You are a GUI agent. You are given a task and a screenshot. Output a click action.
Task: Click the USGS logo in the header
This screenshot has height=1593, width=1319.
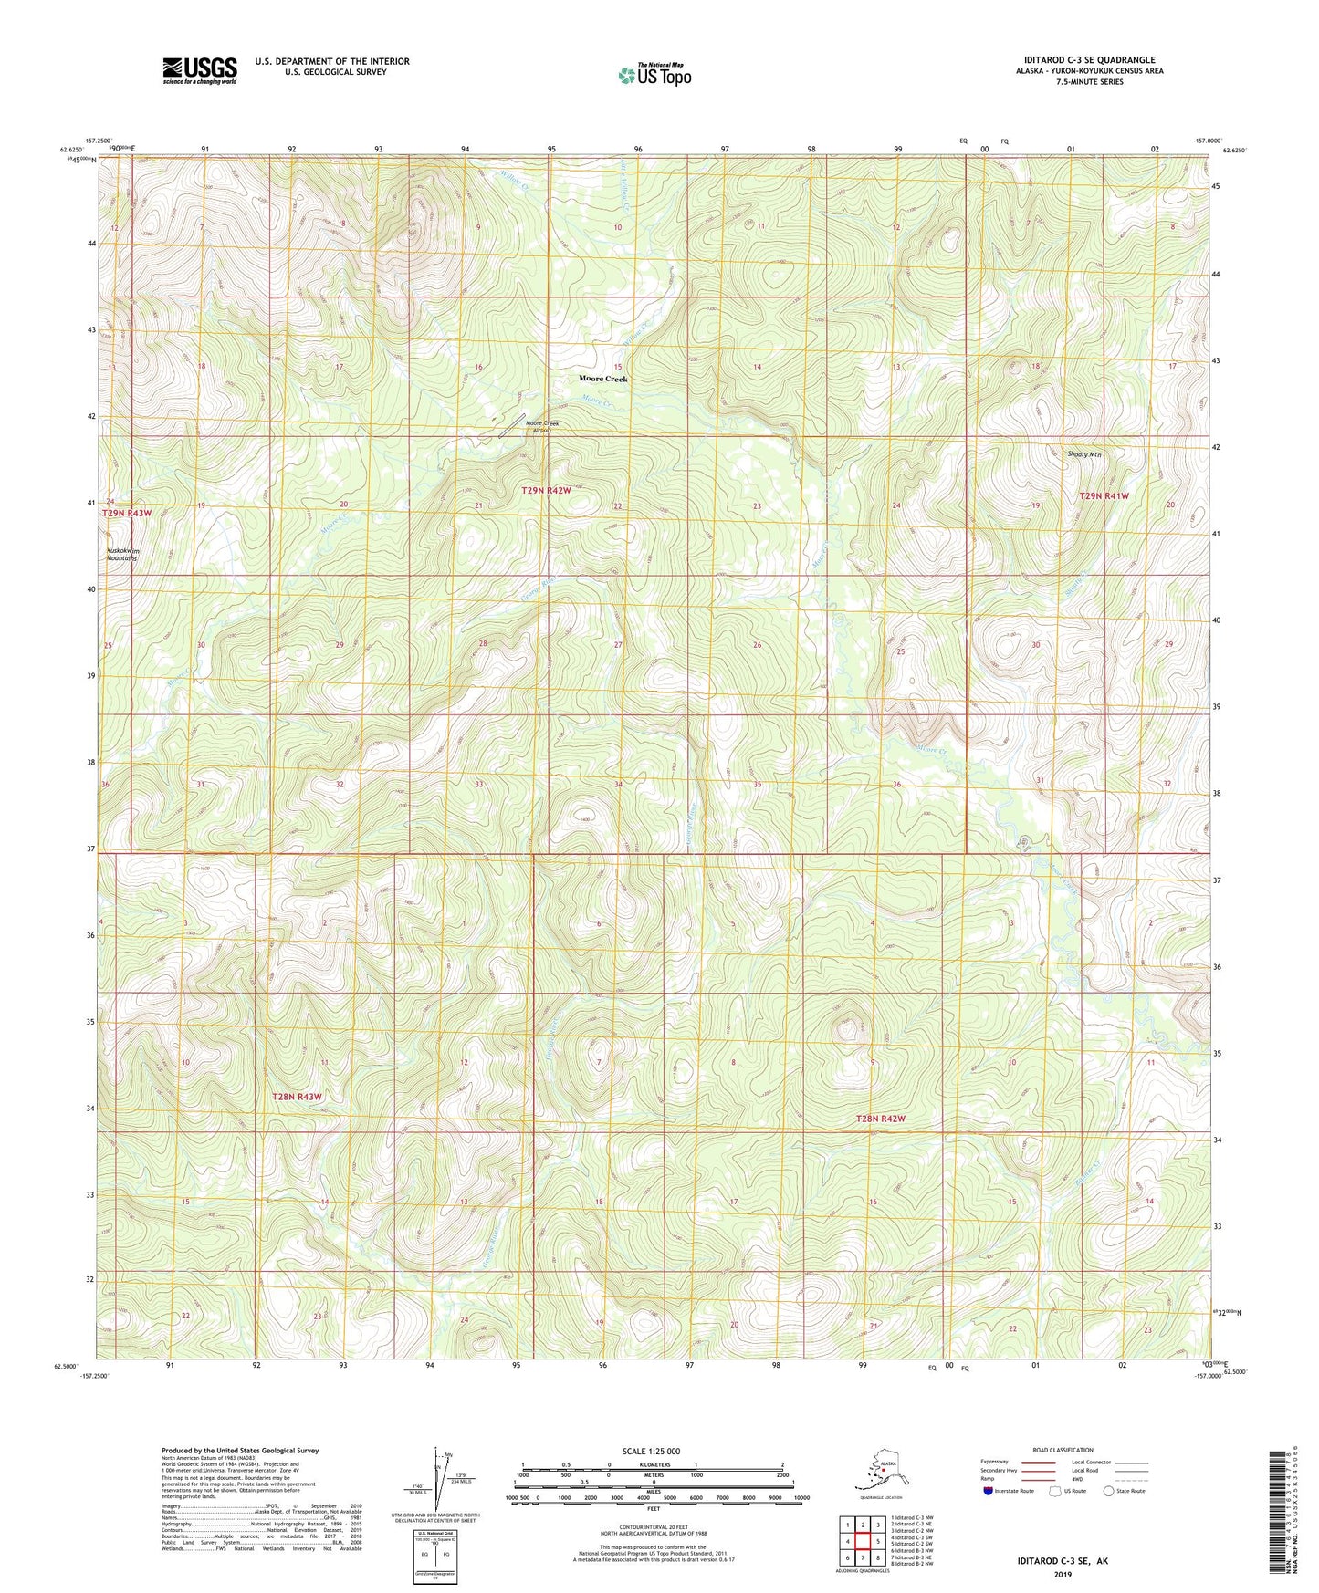(x=200, y=70)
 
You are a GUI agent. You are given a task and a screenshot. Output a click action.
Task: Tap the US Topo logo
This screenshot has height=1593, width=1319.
(x=654, y=75)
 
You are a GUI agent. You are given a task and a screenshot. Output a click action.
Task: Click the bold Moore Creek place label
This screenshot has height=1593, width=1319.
(x=603, y=379)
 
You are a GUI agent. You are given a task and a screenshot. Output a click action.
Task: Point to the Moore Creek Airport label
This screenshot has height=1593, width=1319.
(x=541, y=427)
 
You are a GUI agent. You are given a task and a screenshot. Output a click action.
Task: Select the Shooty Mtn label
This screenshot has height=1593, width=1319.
(x=1084, y=454)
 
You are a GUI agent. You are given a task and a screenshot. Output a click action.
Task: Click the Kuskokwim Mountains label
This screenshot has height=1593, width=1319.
(x=121, y=555)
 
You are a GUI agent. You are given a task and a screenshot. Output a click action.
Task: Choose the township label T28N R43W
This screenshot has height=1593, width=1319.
(x=298, y=1097)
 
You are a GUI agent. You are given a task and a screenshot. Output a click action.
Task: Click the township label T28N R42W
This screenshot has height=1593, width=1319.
(x=881, y=1119)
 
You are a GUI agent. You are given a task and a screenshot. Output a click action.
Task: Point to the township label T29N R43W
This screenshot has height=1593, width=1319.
(x=126, y=514)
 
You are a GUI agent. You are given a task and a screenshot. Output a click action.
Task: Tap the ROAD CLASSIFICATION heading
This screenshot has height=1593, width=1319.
(x=1063, y=1450)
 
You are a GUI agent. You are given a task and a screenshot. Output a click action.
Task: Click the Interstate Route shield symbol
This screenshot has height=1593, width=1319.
(x=989, y=1492)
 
